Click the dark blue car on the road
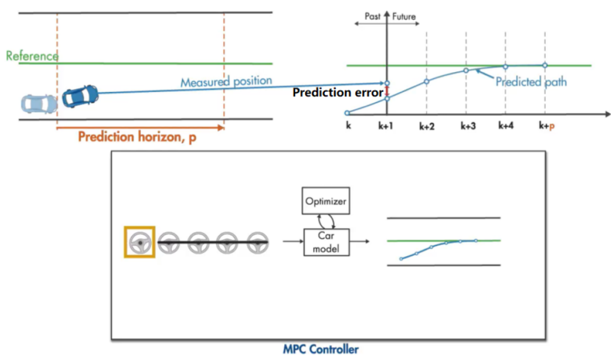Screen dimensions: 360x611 coord(80,95)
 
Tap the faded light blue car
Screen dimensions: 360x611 coord(37,103)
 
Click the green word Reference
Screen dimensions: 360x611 coord(32,56)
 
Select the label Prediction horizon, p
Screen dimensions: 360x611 coord(138,137)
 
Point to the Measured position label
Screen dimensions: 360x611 coord(226,82)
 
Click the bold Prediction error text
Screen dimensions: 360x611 coord(338,92)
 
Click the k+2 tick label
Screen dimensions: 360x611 coord(427,127)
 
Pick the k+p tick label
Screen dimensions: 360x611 coord(547,127)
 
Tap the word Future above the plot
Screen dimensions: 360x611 coord(404,16)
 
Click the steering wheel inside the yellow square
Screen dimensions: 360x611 coord(140,242)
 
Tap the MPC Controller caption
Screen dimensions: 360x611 coord(321,349)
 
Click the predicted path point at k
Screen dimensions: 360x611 coord(347,113)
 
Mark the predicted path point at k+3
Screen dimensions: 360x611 coord(466,71)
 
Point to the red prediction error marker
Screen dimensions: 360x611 coord(387,91)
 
